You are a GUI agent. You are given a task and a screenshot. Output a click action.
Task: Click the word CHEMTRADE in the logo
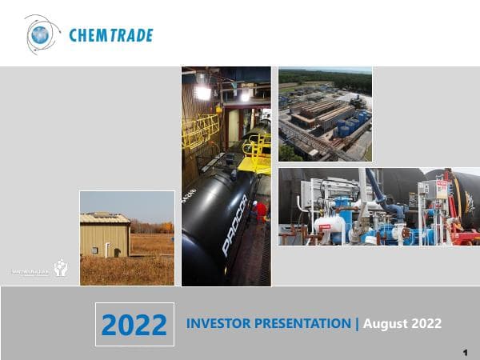pyautogui.click(x=110, y=35)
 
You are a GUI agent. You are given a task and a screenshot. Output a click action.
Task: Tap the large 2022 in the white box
pyautogui.click(x=134, y=325)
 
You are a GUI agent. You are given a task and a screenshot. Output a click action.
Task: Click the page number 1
pyautogui.click(x=465, y=352)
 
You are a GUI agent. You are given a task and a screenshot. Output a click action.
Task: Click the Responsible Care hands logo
pyautogui.click(x=61, y=269)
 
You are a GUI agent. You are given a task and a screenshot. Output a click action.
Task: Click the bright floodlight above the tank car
pyautogui.click(x=202, y=92)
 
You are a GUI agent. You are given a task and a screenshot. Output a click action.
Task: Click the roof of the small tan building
pyautogui.click(x=105, y=218)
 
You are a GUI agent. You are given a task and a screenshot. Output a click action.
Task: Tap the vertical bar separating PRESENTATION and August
pyautogui.click(x=357, y=323)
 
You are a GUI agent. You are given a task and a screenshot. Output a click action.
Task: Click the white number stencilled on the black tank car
pyautogui.click(x=198, y=193)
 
